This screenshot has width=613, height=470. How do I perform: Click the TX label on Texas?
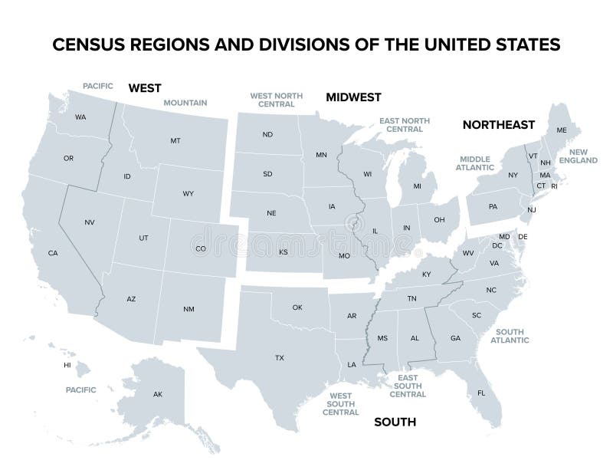coord(280,358)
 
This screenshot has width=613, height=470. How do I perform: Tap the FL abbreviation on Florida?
coord(481,393)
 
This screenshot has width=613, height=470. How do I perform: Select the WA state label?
coord(80,117)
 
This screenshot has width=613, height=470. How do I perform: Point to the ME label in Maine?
coord(562,130)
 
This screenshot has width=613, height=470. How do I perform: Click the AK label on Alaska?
coord(158,394)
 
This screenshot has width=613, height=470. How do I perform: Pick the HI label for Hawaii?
coord(67,365)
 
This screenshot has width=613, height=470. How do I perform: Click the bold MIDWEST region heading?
coord(353,97)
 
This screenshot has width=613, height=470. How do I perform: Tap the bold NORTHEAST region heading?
coord(498,124)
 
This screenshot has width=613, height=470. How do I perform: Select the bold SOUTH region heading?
coord(395,422)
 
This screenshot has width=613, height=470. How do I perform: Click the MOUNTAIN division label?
coord(185,102)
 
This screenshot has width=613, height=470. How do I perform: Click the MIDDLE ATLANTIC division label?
coord(475,162)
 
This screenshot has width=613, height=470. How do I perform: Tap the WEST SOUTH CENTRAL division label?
coord(340,404)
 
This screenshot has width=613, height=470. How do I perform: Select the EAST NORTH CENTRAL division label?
coord(405,125)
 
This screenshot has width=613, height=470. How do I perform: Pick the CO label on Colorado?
coord(201,248)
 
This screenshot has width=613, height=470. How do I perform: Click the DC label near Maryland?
coord(497,245)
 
